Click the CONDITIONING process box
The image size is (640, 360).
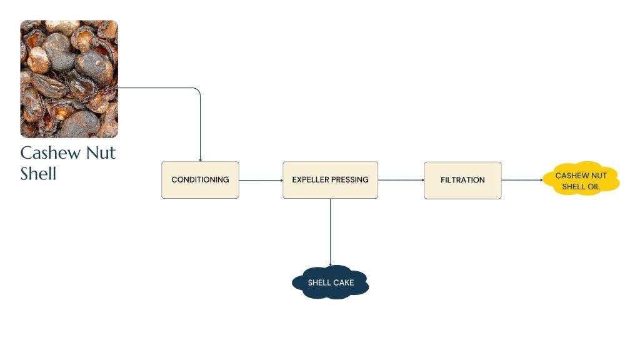[x=200, y=180]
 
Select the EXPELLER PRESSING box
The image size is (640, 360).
[x=330, y=180]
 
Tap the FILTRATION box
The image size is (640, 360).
[x=462, y=180]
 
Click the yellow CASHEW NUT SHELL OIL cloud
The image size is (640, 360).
[x=581, y=180]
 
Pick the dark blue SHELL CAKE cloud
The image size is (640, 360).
[x=331, y=283]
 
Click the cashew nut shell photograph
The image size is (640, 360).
[x=69, y=79]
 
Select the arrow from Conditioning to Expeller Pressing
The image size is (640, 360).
[x=261, y=181]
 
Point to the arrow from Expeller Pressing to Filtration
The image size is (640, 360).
[x=401, y=181]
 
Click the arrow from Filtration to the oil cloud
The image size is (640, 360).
[x=522, y=181]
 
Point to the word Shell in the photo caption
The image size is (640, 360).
[x=39, y=173]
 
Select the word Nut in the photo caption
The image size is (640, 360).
[x=99, y=153]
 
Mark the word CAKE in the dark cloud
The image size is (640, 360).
[x=343, y=283]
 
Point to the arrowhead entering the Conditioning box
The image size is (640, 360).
[x=200, y=159]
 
